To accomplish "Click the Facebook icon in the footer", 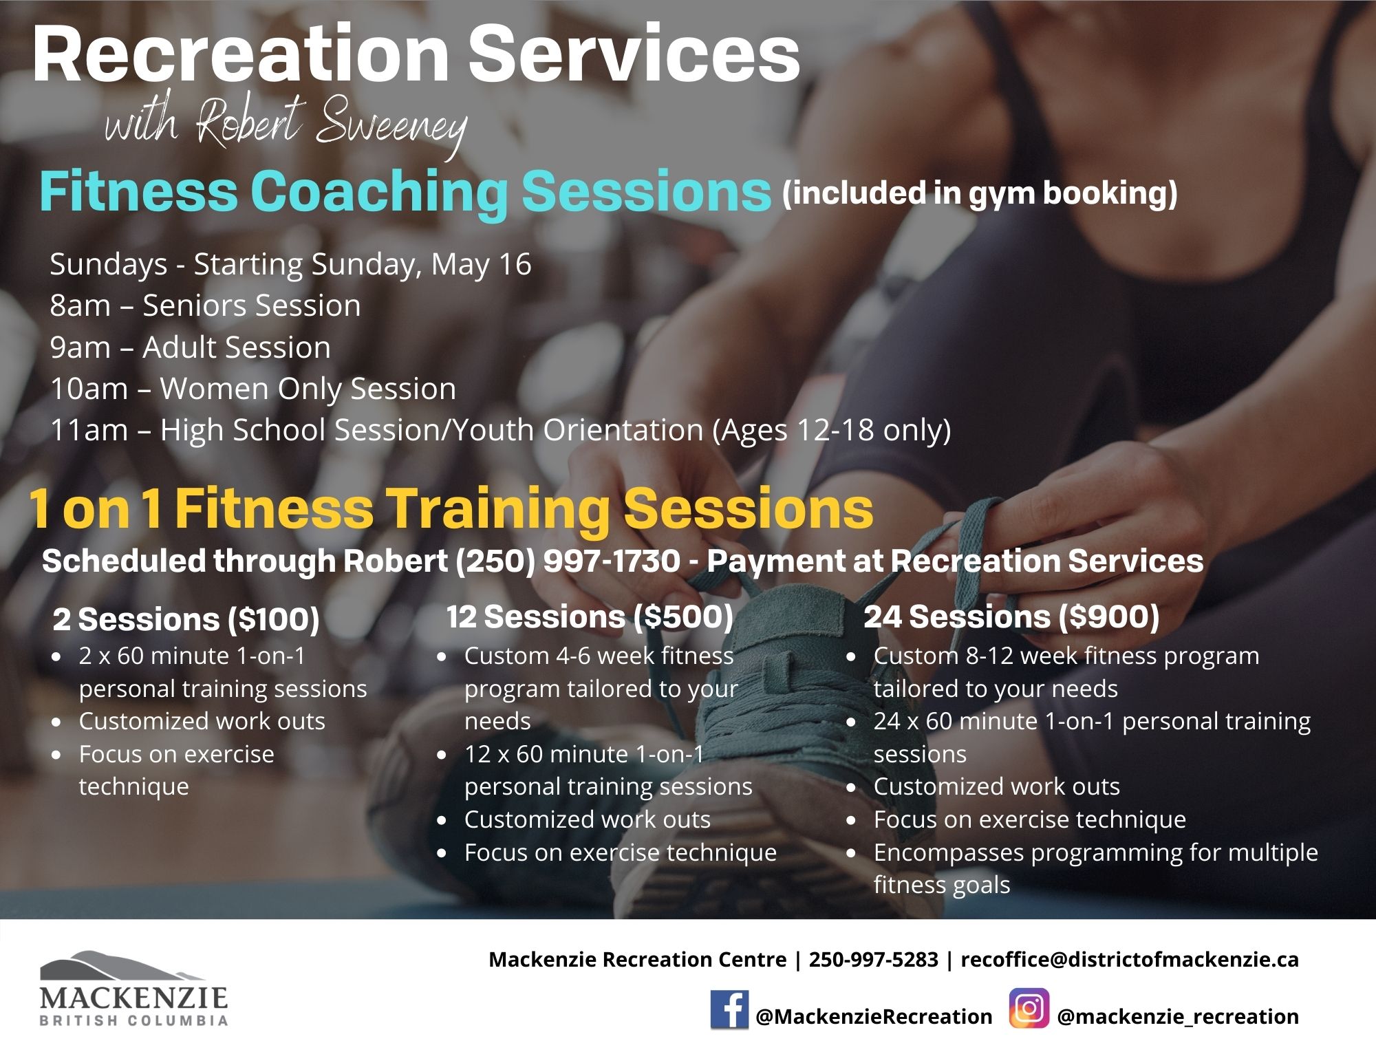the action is [x=729, y=1009].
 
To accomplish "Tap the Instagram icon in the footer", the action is [x=1029, y=1009].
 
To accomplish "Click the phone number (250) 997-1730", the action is [x=567, y=561].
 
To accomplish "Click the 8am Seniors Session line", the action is [x=205, y=305].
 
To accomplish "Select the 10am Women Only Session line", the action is [x=253, y=389].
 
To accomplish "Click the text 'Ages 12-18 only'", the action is [x=831, y=431].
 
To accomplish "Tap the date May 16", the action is [x=481, y=264].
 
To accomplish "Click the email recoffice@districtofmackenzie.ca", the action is [x=1130, y=959].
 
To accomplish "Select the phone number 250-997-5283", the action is [x=873, y=959].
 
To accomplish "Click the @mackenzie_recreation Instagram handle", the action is [x=1178, y=1017].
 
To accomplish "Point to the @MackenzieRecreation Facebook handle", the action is [x=874, y=1017].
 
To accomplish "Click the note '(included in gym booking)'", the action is [x=980, y=193].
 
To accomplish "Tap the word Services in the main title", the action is [x=634, y=54].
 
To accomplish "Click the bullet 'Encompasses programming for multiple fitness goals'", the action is [x=1095, y=868].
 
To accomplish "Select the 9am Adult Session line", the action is [x=190, y=347].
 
